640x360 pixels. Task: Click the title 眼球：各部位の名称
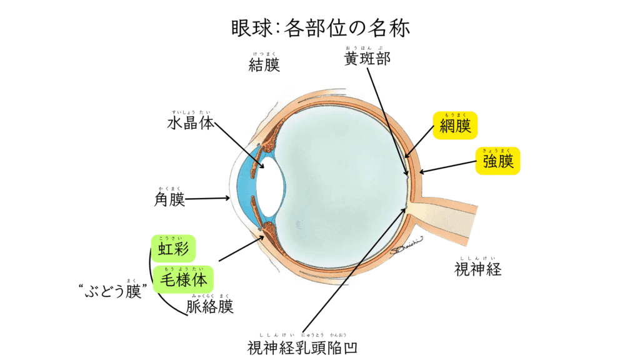[319, 28]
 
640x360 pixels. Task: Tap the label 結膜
[264, 65]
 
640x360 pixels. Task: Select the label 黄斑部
[367, 59]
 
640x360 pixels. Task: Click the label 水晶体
[190, 123]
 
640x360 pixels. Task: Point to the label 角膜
[169, 200]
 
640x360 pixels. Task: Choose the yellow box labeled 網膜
[455, 126]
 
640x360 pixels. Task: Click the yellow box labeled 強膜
[498, 161]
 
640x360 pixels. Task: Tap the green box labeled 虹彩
[173, 249]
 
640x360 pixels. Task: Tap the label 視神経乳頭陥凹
[303, 347]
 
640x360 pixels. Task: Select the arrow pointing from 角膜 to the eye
[208, 199]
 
